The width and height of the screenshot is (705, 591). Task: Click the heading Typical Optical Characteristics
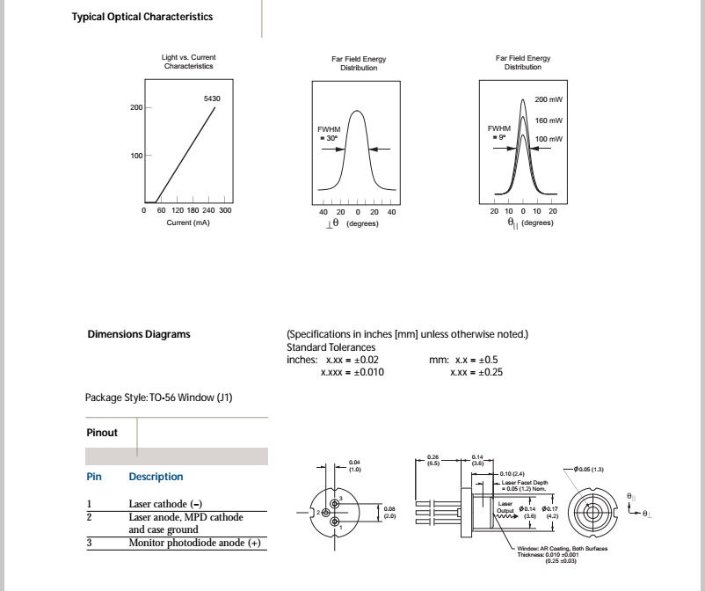142,17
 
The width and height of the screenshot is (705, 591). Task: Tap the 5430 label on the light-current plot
212,98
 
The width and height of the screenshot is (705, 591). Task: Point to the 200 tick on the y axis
136,107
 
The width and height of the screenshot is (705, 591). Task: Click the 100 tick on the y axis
136,156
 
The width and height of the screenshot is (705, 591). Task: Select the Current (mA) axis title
188,223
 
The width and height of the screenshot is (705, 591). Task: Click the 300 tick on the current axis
225,211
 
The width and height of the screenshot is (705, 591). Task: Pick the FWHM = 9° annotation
498,133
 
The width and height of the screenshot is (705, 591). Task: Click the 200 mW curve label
549,99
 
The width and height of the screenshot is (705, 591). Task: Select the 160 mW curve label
549,120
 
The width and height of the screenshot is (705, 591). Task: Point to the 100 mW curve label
549,140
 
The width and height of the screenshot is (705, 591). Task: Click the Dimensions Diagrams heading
139,334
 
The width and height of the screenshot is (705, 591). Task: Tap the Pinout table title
102,433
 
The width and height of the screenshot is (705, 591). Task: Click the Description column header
156,477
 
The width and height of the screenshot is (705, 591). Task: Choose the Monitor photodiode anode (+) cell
195,543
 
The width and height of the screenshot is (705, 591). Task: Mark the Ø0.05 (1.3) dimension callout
590,469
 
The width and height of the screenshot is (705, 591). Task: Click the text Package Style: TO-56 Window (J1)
159,398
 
